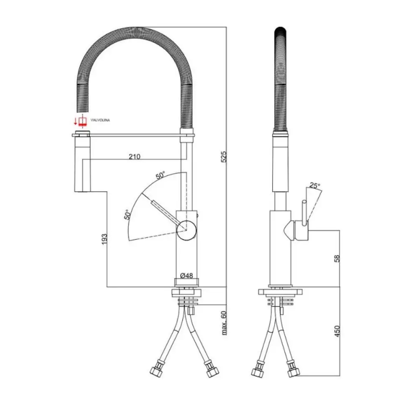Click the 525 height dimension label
[x=224, y=157]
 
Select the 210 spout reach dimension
[x=135, y=156]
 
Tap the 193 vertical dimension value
[x=104, y=239]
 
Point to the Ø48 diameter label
[x=187, y=276]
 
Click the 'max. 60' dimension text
[x=224, y=323]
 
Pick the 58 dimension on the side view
[x=337, y=259]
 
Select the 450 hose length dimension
[x=337, y=331]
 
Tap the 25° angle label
[x=315, y=185]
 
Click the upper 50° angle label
[x=160, y=175]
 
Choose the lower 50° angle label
[x=127, y=214]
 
